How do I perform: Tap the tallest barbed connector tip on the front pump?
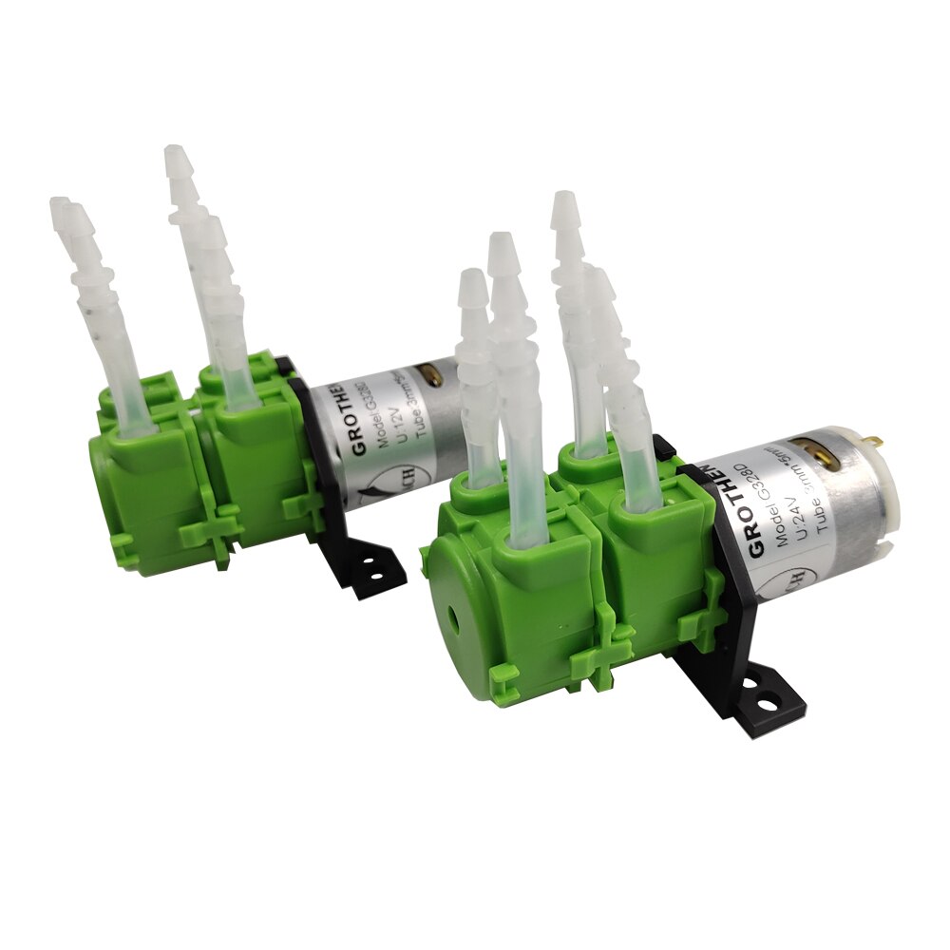pyautogui.click(x=563, y=205)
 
